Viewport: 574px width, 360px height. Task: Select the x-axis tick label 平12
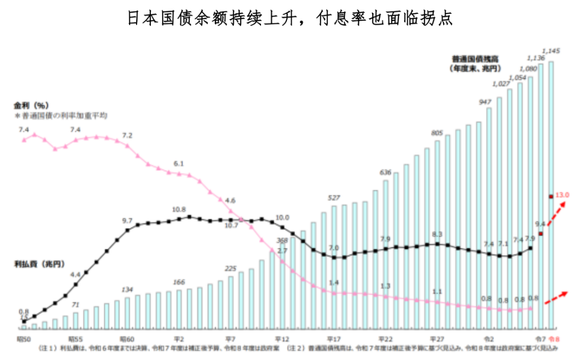click(281, 339)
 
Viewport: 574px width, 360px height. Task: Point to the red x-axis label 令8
click(554, 339)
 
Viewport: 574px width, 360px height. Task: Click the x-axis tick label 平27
click(437, 339)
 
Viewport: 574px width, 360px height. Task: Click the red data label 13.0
click(562, 195)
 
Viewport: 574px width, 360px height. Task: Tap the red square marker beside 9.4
click(541, 233)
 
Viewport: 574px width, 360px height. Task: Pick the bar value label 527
click(334, 198)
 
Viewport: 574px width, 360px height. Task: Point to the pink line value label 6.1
click(179, 164)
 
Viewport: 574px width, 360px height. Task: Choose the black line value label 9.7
click(127, 220)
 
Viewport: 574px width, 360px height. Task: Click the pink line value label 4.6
click(230, 200)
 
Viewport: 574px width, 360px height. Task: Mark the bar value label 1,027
click(501, 84)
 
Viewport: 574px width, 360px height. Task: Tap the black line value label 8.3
click(437, 234)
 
